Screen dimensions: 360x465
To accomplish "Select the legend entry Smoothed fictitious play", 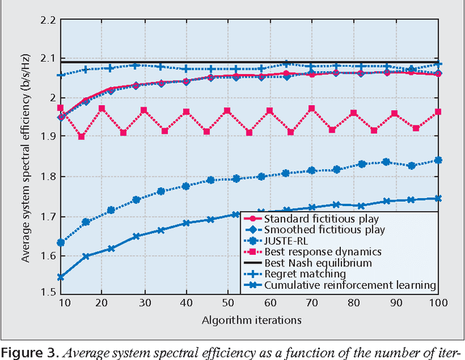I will tap(323, 229).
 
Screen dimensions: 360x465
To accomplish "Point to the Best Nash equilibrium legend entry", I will tap(318, 263).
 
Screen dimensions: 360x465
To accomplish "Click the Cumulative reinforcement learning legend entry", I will tap(349, 285).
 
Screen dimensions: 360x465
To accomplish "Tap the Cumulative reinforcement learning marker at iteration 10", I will tap(61, 277).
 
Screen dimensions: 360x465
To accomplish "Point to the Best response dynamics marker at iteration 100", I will tap(437, 112).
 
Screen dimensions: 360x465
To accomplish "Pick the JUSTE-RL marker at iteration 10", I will tap(61, 242).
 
